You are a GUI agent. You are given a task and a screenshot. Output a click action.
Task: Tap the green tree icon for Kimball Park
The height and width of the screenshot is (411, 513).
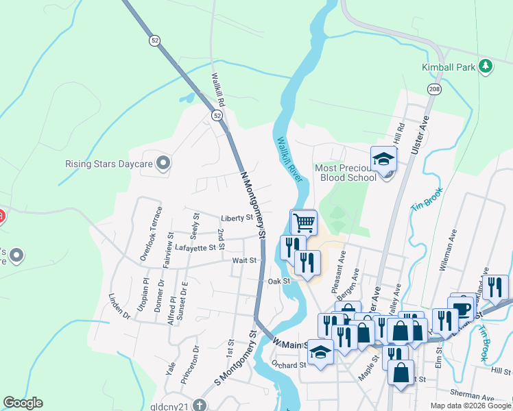[486, 66]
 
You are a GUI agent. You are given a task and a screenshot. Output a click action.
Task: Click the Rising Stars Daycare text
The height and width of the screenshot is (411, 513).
[108, 164]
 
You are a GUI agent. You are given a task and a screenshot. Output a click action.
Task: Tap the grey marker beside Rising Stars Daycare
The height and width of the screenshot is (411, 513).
[163, 163]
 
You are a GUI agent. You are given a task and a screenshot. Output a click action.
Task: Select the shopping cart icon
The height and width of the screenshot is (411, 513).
[303, 222]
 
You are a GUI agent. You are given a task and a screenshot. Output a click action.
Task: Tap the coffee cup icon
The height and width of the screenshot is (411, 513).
[462, 308]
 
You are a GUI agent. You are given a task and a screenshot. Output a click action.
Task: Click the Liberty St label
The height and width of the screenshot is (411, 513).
[237, 219]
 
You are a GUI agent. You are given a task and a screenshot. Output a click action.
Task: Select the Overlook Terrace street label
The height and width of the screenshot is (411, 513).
[150, 233]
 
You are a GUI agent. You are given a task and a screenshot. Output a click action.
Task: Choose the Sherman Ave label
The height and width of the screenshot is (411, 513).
[473, 397]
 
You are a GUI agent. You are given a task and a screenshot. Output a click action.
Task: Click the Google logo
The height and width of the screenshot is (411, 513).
[23, 403]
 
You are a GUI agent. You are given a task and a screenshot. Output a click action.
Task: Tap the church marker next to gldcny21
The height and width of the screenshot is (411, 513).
[199, 404]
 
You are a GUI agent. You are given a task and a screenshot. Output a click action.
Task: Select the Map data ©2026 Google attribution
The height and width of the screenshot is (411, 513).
[470, 406]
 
